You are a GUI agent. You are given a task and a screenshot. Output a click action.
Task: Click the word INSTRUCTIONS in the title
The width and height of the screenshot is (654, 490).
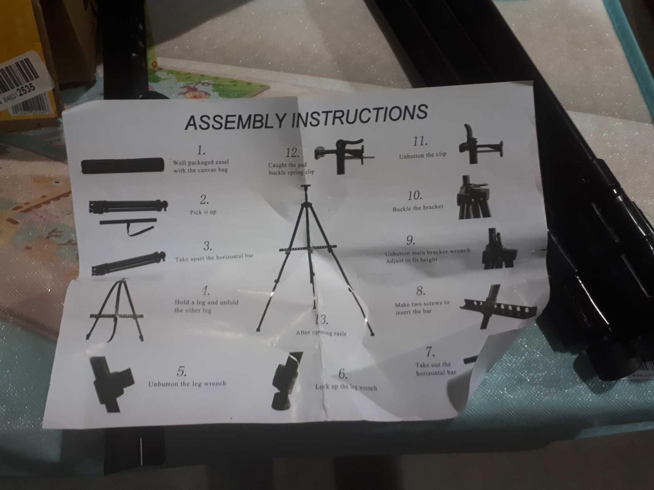click(x=360, y=115)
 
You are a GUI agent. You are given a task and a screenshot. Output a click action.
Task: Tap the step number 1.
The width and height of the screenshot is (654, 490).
click(x=201, y=150)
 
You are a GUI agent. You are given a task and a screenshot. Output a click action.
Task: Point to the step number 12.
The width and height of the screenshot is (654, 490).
click(x=292, y=153)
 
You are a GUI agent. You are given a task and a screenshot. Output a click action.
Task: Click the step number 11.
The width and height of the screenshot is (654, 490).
click(x=420, y=141)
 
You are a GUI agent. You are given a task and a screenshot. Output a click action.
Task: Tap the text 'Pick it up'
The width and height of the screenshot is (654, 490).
click(x=203, y=212)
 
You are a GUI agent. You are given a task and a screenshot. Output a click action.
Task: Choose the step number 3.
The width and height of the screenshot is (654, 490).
click(x=207, y=246)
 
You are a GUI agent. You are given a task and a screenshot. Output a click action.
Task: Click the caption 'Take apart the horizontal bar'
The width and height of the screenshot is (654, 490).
click(x=214, y=257)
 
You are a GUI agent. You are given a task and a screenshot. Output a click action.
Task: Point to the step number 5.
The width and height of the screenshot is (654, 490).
click(x=182, y=371)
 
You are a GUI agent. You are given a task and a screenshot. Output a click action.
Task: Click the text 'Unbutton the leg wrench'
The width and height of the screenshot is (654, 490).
click(x=187, y=384)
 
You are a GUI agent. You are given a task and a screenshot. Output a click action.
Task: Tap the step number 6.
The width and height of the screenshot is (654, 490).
click(x=343, y=373)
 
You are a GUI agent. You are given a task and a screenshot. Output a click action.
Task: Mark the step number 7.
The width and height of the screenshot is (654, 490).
click(x=430, y=352)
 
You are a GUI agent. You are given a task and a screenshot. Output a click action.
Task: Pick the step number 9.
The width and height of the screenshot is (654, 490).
click(x=411, y=240)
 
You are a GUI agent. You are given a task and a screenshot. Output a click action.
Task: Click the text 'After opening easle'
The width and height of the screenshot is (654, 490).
click(x=321, y=333)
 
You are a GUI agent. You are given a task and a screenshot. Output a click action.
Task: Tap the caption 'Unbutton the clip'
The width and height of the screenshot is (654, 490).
click(x=423, y=155)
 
